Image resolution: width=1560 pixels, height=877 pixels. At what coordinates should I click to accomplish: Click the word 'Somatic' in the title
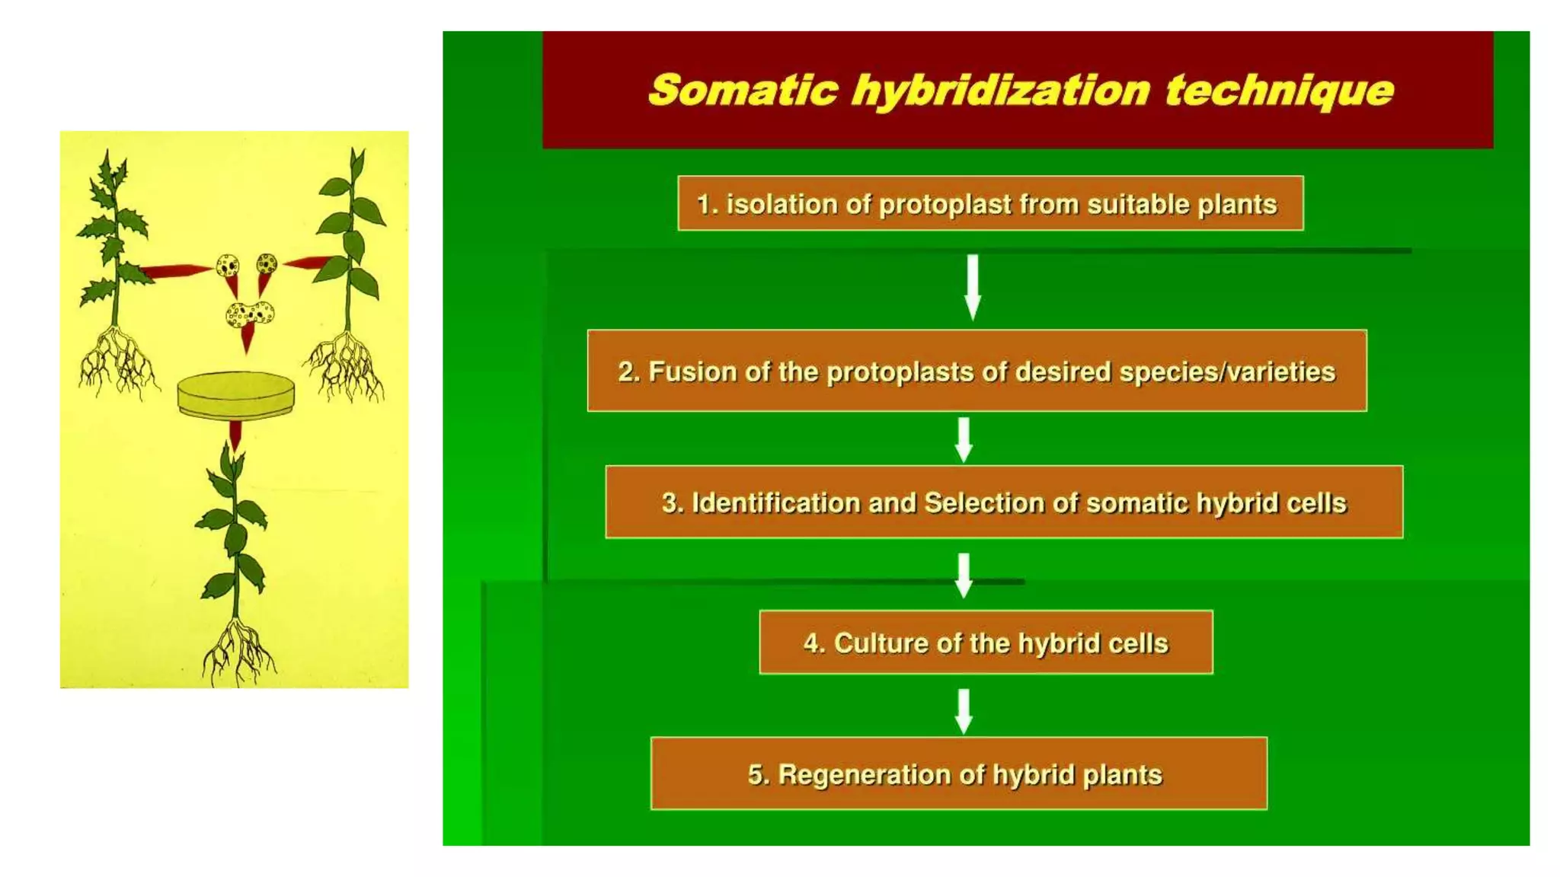point(743,91)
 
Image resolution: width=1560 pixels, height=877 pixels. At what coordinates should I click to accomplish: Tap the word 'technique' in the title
point(1279,91)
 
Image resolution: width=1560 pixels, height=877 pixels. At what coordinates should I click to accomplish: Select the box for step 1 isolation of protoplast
point(990,203)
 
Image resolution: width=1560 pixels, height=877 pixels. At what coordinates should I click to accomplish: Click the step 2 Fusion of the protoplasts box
point(977,371)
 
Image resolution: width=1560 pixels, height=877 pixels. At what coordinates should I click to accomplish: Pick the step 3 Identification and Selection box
point(1004,502)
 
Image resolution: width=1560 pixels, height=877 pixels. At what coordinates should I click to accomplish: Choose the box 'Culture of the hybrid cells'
point(986,643)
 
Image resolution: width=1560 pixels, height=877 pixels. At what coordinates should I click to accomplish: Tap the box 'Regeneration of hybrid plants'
point(959,773)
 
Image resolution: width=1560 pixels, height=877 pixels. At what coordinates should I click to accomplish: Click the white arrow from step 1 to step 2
point(973,286)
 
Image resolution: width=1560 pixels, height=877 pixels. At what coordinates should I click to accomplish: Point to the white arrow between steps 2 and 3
point(964,439)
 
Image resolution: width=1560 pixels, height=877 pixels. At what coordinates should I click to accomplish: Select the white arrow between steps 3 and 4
point(964,575)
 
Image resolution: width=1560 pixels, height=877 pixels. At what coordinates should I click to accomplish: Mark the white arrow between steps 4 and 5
point(964,711)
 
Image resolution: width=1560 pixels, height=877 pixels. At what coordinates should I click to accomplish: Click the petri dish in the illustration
point(236,394)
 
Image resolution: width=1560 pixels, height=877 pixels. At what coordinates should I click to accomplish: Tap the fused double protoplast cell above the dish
point(250,314)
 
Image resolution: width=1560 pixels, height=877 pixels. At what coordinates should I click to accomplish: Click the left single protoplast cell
point(227,266)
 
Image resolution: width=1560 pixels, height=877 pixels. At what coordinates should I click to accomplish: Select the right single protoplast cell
point(267,264)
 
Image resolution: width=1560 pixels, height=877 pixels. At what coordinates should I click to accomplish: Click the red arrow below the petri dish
point(235,435)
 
